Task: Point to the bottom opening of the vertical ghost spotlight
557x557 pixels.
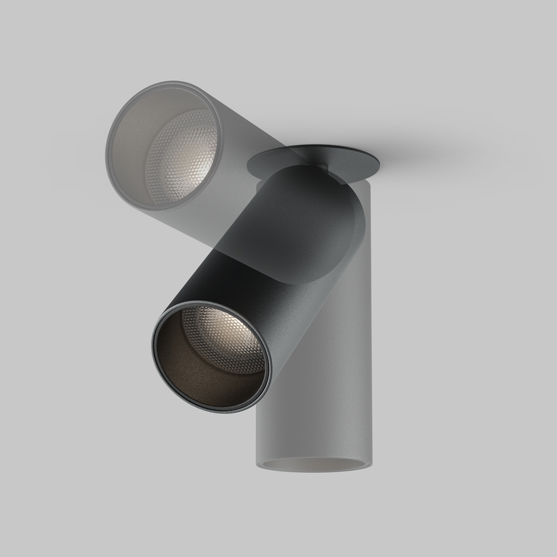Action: [x=313, y=464]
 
